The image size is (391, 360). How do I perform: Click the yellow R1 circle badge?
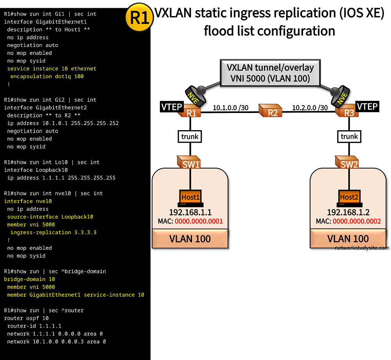[139, 18]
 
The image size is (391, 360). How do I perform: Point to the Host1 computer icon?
[190, 198]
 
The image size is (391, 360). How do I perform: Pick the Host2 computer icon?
[348, 198]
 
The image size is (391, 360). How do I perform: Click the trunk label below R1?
[190, 136]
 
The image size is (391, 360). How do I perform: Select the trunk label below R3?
[349, 136]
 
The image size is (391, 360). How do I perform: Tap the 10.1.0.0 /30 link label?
[231, 107]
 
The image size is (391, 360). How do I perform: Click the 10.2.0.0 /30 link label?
[310, 107]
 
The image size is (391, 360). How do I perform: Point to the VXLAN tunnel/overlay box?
[270, 73]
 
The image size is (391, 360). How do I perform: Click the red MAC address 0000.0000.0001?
[199, 221]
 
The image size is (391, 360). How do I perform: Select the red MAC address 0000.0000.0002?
[357, 221]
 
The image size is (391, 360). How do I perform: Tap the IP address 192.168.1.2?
[348, 212]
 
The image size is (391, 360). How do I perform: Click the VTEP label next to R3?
[367, 106]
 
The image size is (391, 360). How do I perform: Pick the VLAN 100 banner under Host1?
[190, 239]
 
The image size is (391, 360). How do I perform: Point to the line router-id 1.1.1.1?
[34, 326]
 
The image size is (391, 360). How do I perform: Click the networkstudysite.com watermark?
[362, 248]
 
